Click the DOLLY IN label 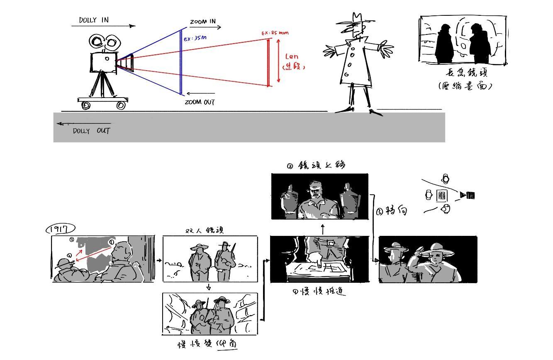[94, 20]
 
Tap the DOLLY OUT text [91, 131]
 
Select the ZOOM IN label [203, 22]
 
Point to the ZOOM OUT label [200, 102]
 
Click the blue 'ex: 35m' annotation [195, 38]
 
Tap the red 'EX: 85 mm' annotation [275, 33]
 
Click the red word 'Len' [291, 56]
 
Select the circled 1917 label [61, 229]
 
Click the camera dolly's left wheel [86, 105]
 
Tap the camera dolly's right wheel [121, 105]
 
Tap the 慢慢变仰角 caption [208, 344]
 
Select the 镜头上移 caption [317, 165]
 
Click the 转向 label [392, 211]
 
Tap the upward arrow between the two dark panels [323, 229]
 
